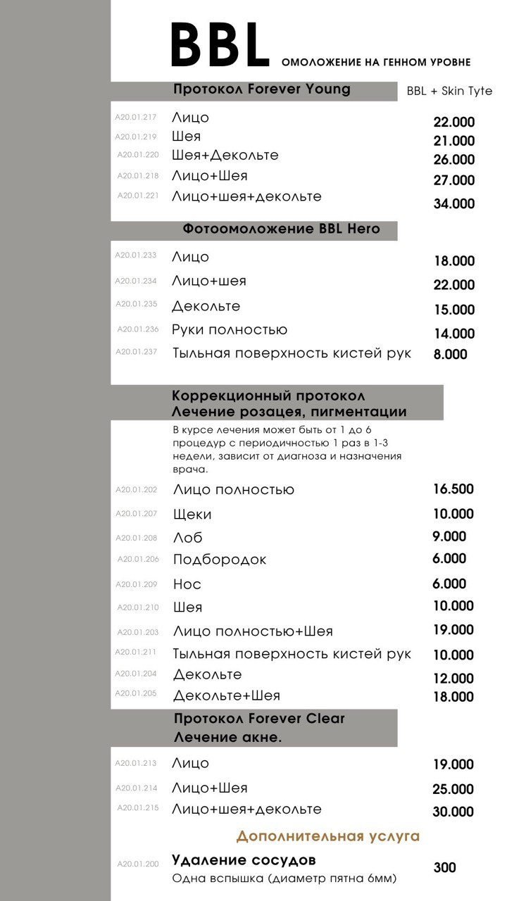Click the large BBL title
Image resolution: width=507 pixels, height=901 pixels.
(x=220, y=46)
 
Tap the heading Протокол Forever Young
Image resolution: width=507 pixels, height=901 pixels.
(x=261, y=89)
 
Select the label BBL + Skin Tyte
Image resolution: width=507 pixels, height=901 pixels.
(x=449, y=92)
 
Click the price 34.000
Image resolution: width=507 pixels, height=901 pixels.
(x=453, y=204)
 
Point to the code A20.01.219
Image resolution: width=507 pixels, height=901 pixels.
(x=137, y=137)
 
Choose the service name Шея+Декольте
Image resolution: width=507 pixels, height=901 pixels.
(x=225, y=155)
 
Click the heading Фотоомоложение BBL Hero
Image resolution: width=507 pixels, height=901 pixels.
(x=281, y=229)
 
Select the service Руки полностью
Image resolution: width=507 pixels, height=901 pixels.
(x=230, y=329)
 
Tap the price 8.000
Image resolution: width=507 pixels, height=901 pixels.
(x=450, y=355)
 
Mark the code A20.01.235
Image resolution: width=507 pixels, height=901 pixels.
(x=137, y=305)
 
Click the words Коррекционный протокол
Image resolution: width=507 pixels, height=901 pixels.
(x=268, y=396)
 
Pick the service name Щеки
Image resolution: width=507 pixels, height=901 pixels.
(x=192, y=515)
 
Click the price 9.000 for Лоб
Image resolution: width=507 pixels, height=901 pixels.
(x=449, y=536)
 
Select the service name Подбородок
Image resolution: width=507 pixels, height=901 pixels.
(x=220, y=560)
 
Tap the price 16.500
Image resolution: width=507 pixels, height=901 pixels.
(x=453, y=489)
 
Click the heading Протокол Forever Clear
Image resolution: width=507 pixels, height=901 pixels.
(x=259, y=719)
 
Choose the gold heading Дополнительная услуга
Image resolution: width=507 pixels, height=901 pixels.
(x=327, y=836)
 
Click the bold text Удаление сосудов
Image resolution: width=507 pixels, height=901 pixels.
(x=244, y=860)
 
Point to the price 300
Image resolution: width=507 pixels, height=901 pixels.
(x=444, y=868)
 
